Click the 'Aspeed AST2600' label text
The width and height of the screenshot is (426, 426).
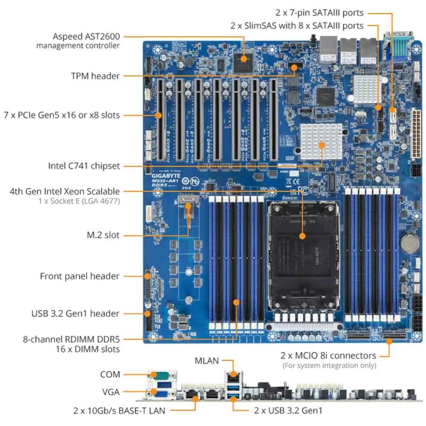coord(86,36)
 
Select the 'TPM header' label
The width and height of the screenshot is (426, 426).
coord(95,76)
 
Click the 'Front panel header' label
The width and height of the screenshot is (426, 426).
coord(80,276)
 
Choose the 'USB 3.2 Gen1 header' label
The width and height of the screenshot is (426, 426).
coord(75,314)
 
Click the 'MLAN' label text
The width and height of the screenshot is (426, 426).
coord(207,361)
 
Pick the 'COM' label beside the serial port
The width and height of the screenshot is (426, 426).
coord(110,375)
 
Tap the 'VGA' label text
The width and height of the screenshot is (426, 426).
coord(111,392)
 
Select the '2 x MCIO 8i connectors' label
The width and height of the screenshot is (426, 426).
coord(328,355)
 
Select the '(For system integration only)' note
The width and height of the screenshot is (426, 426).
coord(329,366)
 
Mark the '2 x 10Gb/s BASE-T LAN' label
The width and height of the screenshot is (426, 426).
coord(119,411)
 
